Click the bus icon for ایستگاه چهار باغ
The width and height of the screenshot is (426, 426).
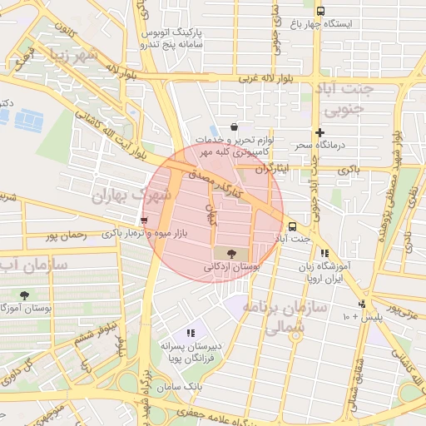pyautogui.click(x=321, y=11)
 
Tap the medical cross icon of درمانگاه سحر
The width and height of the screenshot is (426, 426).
pyautogui.click(x=319, y=132)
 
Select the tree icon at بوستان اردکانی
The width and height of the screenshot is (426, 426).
pyautogui.click(x=230, y=252)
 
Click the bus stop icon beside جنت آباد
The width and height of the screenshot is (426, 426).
pyautogui.click(x=292, y=225)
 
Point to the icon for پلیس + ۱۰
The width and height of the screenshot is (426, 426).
pyautogui.click(x=362, y=304)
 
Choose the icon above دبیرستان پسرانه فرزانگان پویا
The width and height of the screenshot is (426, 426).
pyautogui.click(x=191, y=333)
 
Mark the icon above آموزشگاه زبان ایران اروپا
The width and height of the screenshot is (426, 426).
pyautogui.click(x=324, y=253)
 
